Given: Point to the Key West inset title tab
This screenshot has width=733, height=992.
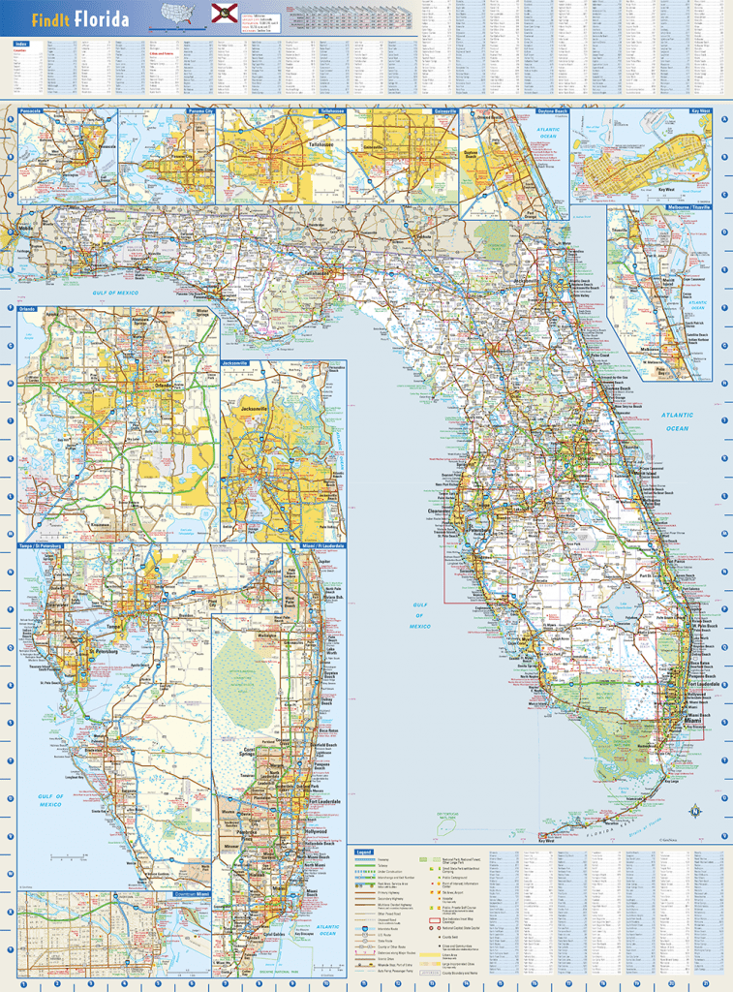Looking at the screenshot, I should pyautogui.click(x=700, y=111).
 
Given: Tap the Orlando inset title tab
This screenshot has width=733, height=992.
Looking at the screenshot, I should pyautogui.click(x=28, y=309).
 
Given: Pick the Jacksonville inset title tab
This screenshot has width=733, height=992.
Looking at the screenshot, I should pyautogui.click(x=235, y=363).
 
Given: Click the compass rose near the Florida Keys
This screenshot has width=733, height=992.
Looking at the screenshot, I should pyautogui.click(x=692, y=810).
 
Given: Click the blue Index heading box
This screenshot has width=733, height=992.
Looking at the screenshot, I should pyautogui.click(x=20, y=45).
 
